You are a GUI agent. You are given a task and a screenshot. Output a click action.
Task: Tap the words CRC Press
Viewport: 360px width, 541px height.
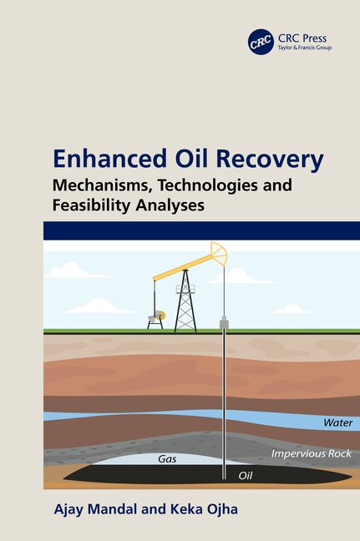pyautogui.click(x=301, y=38)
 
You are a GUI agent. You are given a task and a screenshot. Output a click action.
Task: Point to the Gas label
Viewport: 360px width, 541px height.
pyautogui.click(x=166, y=458)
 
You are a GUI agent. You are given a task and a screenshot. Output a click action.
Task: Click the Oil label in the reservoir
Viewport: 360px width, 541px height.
pyautogui.click(x=246, y=476)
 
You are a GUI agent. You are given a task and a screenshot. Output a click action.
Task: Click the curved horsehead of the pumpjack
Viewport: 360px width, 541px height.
pyautogui.click(x=219, y=252)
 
